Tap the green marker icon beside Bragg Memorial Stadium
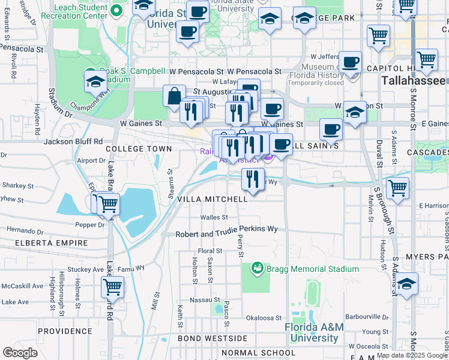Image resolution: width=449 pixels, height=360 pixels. coord(258,267)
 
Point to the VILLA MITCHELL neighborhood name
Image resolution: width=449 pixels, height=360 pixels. coord(212,199)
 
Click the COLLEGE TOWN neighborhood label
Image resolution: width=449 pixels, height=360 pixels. coord(134,148)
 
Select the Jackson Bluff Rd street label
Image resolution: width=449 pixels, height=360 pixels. coord(73,142)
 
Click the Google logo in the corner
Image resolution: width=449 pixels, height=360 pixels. coord(20,353)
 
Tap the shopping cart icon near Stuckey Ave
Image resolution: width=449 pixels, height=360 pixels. coord(112,287)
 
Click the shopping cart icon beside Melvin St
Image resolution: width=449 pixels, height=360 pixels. coord(397,187)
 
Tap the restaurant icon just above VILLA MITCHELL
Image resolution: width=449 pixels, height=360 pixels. coord(253,179)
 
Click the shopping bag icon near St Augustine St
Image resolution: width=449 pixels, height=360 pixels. coord(174,96)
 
